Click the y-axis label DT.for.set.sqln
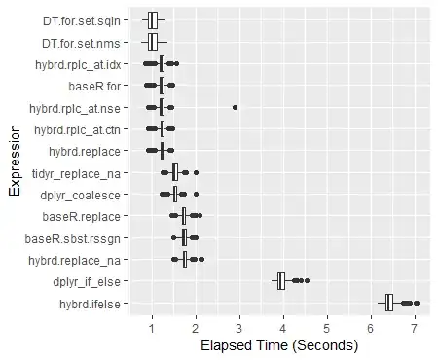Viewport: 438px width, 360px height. coord(83,19)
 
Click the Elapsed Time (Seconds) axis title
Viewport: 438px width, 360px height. coord(275,345)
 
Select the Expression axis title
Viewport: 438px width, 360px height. coord(14,162)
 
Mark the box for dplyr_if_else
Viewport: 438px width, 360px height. coord(281,281)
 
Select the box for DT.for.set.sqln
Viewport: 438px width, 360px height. coord(152,19)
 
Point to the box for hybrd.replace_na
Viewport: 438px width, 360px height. coord(185,260)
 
